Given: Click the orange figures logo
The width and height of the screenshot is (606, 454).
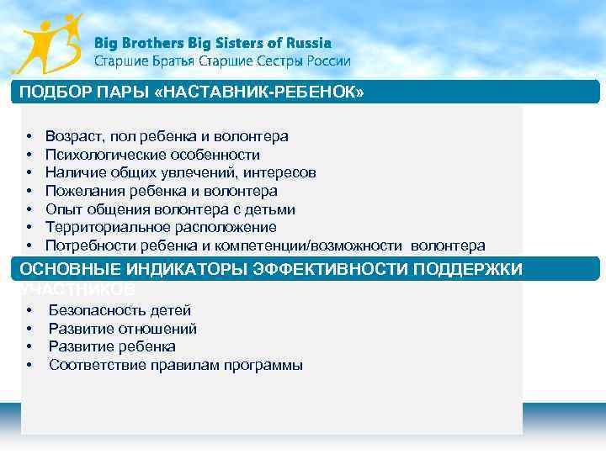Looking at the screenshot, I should pyautogui.click(x=50, y=44).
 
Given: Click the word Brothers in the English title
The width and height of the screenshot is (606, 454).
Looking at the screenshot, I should pyautogui.click(x=157, y=43).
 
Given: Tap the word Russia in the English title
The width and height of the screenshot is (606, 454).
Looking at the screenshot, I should pyautogui.click(x=307, y=43).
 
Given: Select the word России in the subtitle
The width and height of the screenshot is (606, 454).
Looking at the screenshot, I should pyautogui.click(x=326, y=61).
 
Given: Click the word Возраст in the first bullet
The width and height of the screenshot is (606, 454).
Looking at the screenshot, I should pyautogui.click(x=74, y=136).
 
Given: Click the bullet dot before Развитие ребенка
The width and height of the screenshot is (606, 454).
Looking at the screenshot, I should pyautogui.click(x=29, y=346).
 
